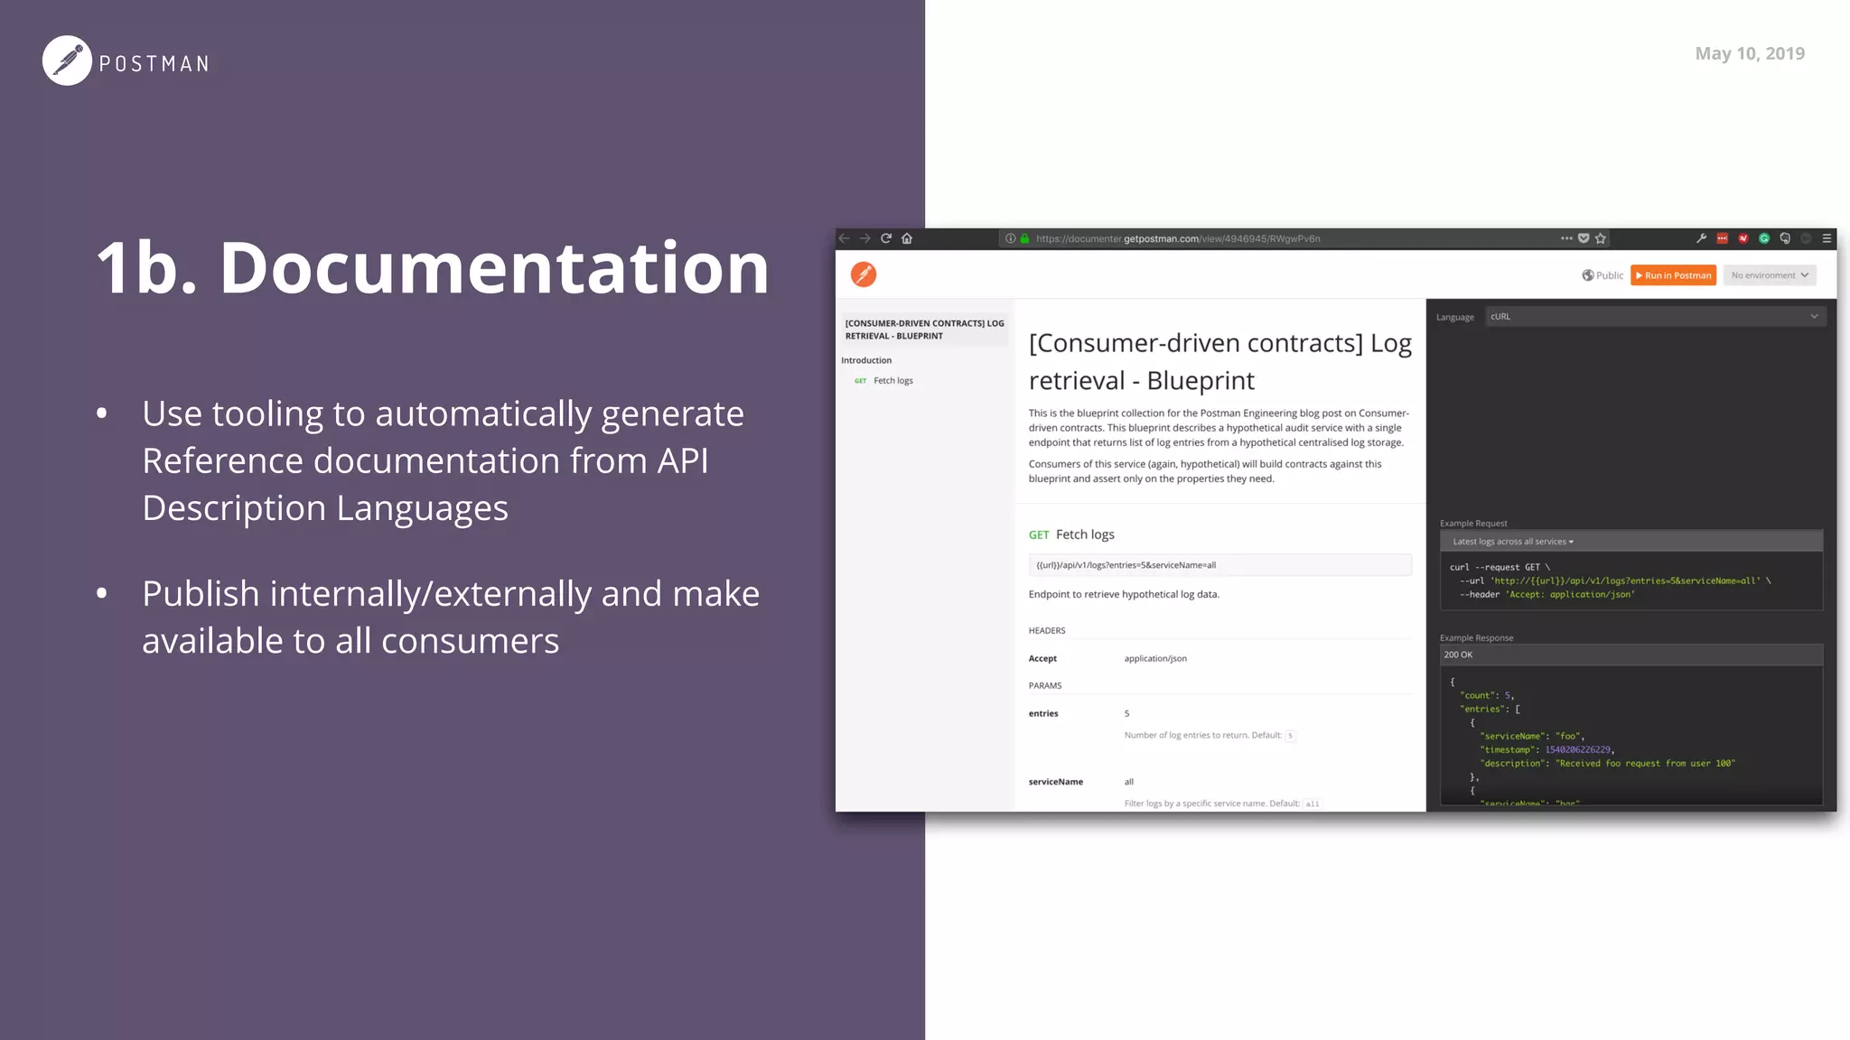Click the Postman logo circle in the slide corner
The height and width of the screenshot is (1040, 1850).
click(x=67, y=60)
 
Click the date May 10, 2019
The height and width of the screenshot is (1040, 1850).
click(x=1749, y=53)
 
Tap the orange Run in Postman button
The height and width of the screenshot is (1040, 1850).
click(x=1673, y=275)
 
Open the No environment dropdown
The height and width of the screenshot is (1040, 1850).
click(x=1769, y=275)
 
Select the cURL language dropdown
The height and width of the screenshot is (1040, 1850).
click(x=1654, y=317)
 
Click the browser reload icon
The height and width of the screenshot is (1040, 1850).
click(x=886, y=238)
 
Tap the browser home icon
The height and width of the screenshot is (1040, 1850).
click(x=907, y=238)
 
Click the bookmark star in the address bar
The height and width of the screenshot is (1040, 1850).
click(x=1601, y=238)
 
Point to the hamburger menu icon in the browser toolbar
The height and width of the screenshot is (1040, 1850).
click(x=1827, y=238)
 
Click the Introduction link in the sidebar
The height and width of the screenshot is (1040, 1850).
click(x=866, y=360)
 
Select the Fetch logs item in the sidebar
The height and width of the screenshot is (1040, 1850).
click(x=892, y=381)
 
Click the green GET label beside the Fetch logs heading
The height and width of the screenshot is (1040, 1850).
click(x=1039, y=534)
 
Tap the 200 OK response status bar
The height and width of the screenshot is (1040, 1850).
click(x=1630, y=655)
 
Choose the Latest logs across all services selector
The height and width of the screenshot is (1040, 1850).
click(x=1513, y=542)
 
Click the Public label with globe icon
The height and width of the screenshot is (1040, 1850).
click(x=1602, y=275)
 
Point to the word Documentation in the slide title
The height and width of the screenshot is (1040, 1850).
click(x=494, y=268)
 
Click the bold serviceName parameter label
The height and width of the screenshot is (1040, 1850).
click(x=1055, y=782)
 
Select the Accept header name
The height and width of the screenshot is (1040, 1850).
click(x=1042, y=659)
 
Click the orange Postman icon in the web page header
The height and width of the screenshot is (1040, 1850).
click(x=864, y=274)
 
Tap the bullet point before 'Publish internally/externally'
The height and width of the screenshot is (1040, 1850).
click(x=102, y=593)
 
